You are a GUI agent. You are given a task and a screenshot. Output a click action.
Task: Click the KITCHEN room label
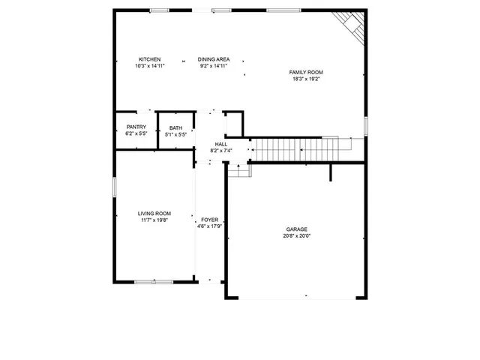[149, 59]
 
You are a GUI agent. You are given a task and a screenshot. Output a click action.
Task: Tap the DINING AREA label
[214, 59]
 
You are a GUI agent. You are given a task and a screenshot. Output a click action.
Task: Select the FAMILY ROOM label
[306, 72]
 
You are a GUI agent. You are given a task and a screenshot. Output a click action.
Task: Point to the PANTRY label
[136, 127]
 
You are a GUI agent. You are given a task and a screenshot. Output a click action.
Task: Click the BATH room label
[175, 128]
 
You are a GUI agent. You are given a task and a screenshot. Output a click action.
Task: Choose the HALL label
[220, 144]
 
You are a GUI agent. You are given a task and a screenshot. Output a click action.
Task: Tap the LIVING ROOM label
[154, 214]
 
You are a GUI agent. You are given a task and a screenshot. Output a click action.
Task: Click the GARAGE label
[296, 229]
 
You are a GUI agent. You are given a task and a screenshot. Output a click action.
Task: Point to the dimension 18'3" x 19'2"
[306, 79]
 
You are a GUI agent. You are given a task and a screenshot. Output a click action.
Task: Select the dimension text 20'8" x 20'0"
[296, 236]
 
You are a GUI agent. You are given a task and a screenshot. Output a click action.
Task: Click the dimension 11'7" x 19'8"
[154, 220]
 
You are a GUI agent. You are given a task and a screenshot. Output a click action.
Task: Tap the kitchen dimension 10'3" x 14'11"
[149, 66]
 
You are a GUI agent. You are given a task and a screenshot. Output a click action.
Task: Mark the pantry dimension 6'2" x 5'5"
[136, 134]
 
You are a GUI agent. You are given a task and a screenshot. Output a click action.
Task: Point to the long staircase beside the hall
[300, 148]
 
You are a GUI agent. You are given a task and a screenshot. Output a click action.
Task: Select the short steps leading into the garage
[238, 171]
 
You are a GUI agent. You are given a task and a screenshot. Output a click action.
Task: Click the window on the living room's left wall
[114, 187]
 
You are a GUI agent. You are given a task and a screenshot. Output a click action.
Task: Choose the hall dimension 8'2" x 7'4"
[220, 151]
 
